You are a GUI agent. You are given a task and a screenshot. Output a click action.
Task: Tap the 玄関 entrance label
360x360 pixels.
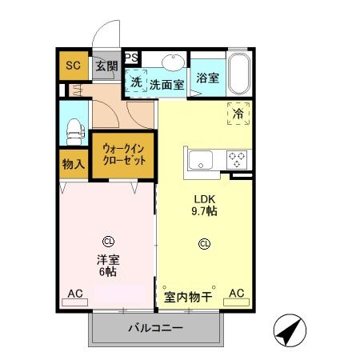106,66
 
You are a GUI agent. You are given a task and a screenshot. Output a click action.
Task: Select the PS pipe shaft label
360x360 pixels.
132,58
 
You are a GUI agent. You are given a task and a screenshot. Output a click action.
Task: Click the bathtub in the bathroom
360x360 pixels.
239,74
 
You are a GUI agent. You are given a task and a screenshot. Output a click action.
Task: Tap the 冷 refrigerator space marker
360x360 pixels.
238,114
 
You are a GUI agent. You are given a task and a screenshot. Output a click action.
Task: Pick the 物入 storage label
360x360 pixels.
74,164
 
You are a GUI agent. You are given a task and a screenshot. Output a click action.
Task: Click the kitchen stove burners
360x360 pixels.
238,158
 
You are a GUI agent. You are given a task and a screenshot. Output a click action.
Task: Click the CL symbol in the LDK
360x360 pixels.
204,244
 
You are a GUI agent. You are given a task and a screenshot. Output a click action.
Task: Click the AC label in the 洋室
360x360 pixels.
75,294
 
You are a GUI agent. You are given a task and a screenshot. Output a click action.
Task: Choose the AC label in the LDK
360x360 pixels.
237,294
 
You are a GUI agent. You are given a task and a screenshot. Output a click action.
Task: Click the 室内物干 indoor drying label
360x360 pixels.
188,297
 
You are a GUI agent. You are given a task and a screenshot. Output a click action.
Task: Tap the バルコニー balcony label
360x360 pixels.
156,329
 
